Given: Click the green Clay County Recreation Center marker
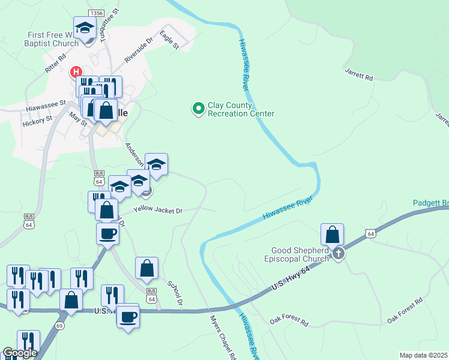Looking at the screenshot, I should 197,109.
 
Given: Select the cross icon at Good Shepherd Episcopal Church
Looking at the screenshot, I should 339,254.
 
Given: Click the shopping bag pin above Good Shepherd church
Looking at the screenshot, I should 332,235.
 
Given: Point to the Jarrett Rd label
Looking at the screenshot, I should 359,74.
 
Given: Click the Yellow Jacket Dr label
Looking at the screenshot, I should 157,209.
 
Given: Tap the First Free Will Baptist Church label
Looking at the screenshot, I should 52,39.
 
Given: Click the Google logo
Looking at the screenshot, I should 20,353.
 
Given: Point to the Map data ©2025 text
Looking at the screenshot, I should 423,355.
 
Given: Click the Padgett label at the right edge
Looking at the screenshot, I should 431,203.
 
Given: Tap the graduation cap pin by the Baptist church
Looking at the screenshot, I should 85,28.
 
